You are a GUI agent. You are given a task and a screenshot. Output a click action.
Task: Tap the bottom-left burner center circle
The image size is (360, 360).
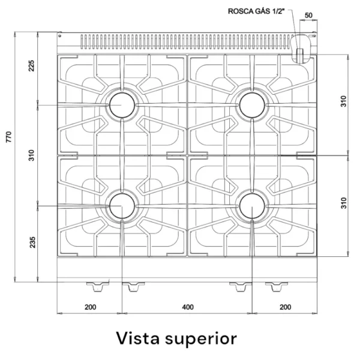coord(122,207)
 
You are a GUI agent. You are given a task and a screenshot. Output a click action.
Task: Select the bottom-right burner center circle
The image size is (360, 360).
coord(252,207)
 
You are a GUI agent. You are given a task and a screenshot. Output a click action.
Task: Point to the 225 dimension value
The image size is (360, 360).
coord(31,66)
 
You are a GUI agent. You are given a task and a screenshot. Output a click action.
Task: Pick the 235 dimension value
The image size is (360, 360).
coord(31,242)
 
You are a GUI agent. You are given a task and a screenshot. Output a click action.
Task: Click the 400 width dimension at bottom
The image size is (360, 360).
coord(187,307)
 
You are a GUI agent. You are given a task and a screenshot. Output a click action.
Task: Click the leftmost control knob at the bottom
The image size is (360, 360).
coord(97,286)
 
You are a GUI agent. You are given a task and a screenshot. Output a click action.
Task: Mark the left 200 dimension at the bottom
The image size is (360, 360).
coord(89,307)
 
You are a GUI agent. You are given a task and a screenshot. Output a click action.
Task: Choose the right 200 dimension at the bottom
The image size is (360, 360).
coord(285,307)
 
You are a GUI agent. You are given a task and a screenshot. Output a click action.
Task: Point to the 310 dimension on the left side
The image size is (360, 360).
coord(31,155)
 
